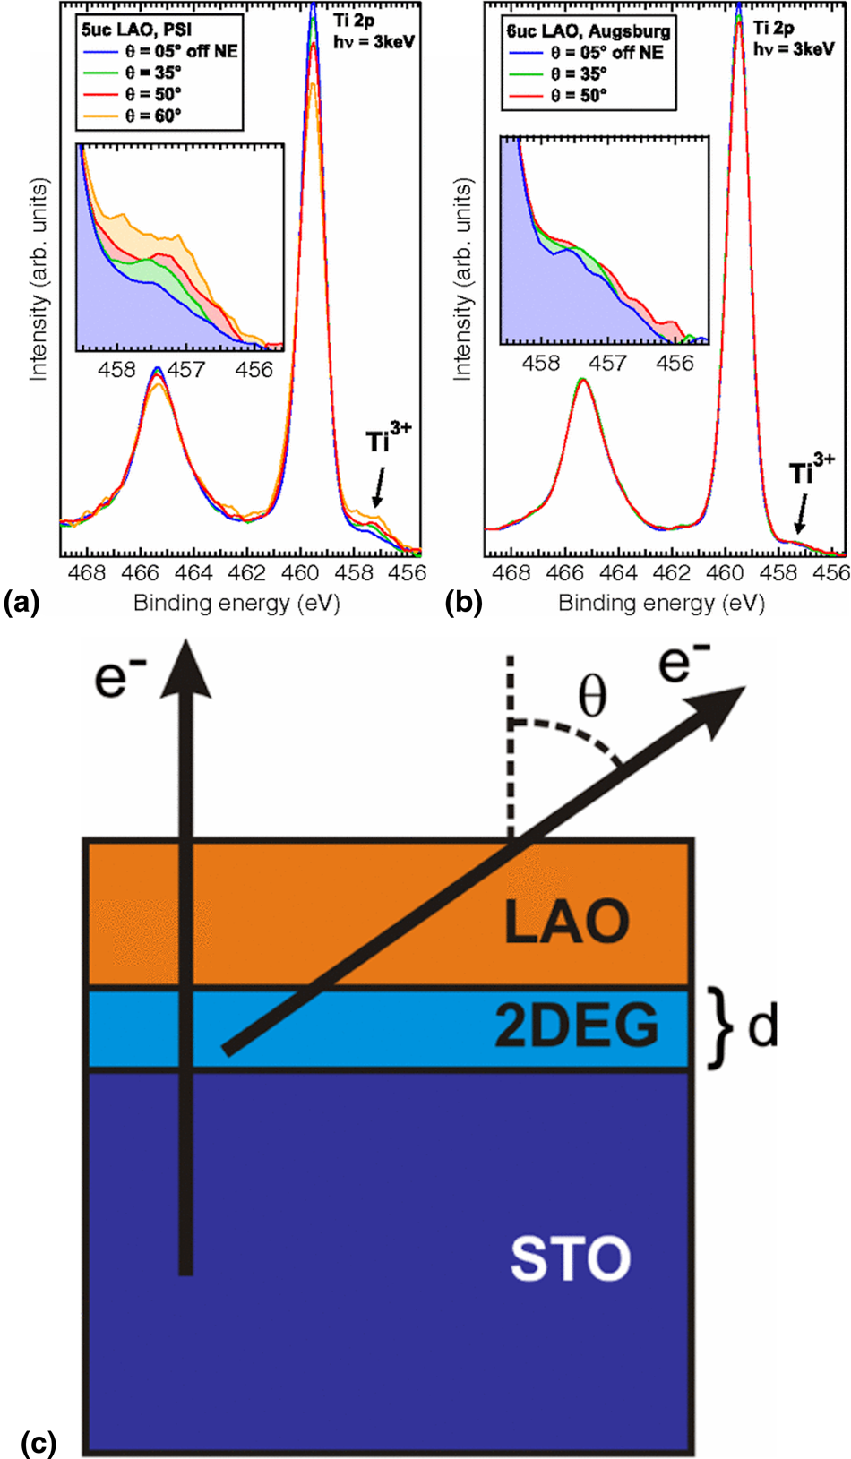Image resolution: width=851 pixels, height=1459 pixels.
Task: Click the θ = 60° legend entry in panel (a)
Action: click(153, 116)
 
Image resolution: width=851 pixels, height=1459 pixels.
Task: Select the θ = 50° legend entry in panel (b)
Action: click(579, 95)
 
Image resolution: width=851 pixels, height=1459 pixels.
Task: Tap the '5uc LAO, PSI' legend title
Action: click(136, 30)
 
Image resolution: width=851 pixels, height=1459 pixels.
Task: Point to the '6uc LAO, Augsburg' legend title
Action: click(589, 30)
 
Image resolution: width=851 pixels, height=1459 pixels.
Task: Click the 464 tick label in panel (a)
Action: click(193, 573)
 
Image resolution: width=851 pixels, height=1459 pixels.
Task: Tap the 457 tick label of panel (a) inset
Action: click(185, 369)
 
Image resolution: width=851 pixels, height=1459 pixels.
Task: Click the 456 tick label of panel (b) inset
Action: click(675, 363)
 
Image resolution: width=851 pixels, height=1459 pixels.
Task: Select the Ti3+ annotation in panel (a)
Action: click(388, 440)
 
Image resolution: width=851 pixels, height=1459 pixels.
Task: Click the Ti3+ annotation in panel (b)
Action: click(811, 471)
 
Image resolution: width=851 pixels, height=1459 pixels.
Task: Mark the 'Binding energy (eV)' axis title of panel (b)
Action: click(661, 603)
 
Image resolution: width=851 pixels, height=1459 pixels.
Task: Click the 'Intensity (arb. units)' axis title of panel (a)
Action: click(39, 279)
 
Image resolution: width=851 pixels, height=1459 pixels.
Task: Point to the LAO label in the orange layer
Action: click(567, 922)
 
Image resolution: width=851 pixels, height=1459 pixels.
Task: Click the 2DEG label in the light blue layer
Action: click(576, 1026)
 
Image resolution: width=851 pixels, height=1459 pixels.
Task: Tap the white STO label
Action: click(571, 1258)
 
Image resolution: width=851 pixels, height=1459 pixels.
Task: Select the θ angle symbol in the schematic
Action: click(592, 696)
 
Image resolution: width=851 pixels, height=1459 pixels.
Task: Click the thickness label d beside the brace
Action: click(762, 1026)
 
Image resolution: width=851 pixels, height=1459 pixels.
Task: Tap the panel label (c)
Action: click(37, 1443)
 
